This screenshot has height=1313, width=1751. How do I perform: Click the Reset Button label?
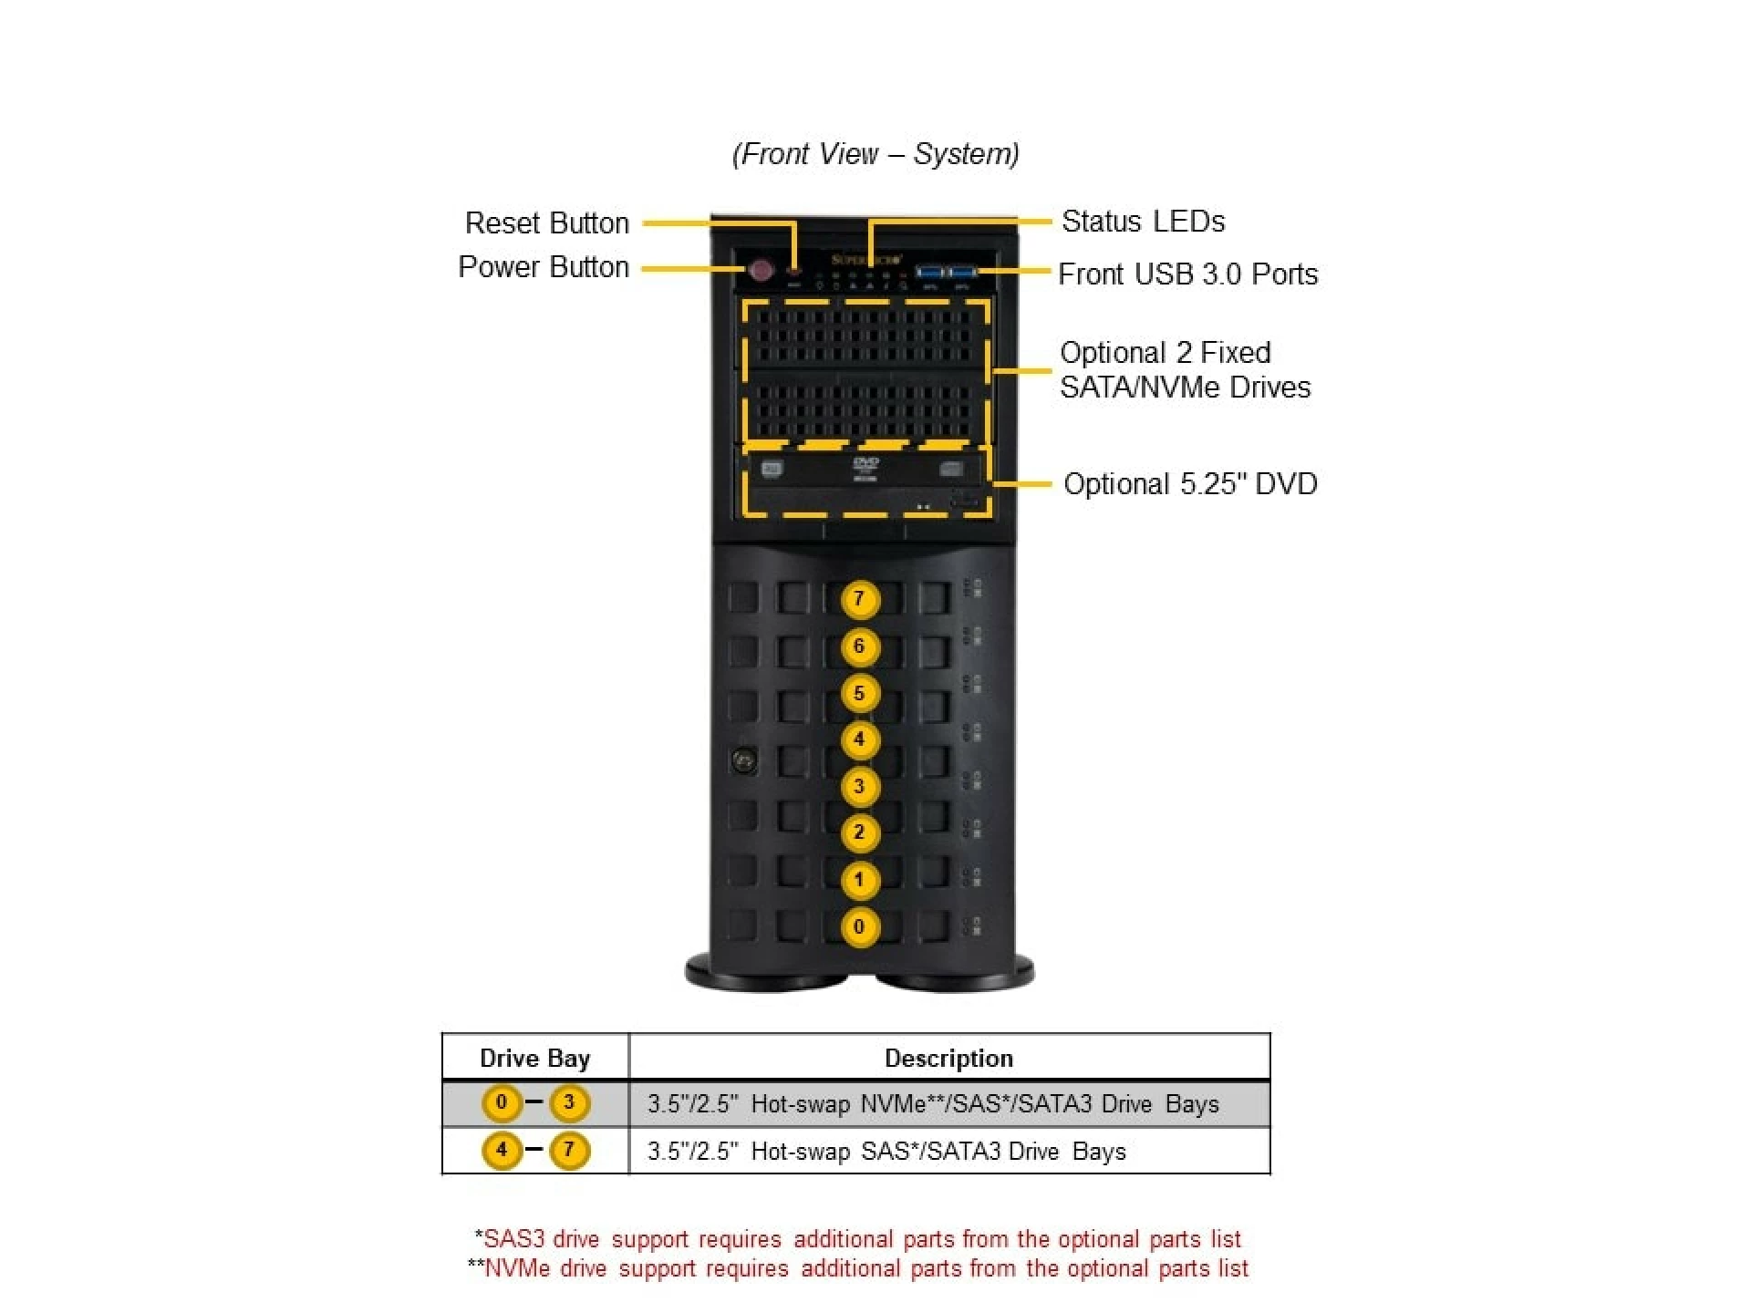click(x=546, y=222)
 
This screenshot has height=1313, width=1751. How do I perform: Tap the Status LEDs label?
click(x=1143, y=221)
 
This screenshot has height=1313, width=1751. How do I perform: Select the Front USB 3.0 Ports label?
click(x=1187, y=274)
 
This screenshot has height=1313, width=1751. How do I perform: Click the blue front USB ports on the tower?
click(x=946, y=272)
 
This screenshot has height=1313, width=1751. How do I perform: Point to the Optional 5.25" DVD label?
click(x=1190, y=483)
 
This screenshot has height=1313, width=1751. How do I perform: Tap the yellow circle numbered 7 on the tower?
click(x=859, y=599)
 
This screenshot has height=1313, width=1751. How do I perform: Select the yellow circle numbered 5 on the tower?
click(x=859, y=693)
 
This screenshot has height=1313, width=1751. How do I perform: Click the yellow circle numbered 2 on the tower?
click(x=859, y=832)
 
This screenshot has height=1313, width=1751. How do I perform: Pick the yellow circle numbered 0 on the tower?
click(x=859, y=926)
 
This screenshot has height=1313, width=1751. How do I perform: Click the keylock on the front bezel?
click(x=744, y=760)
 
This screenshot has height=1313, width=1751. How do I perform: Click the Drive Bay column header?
click(x=535, y=1058)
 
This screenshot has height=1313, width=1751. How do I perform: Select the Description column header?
click(x=948, y=1058)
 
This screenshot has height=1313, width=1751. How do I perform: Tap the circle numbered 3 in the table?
click(x=569, y=1102)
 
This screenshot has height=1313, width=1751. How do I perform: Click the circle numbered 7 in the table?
click(x=569, y=1150)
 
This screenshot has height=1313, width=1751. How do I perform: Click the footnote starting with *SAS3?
click(x=857, y=1238)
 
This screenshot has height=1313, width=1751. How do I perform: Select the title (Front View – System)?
click(x=875, y=153)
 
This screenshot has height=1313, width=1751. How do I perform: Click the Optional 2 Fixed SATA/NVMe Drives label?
click(x=1184, y=369)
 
